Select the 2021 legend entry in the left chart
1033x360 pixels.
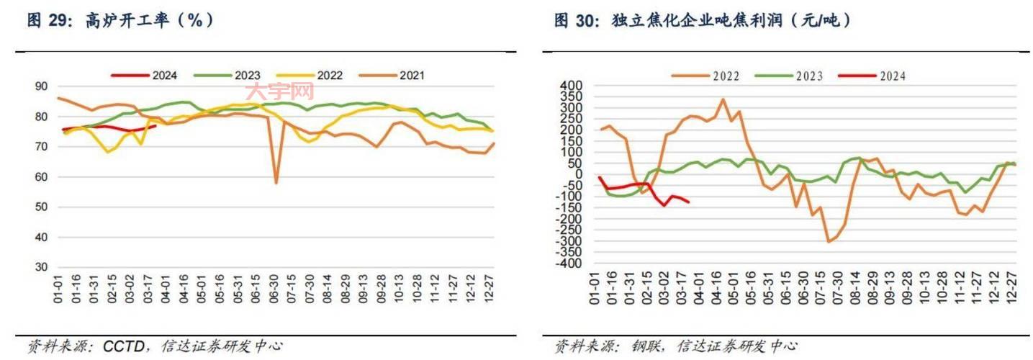[411, 75]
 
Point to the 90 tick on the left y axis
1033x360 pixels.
[41, 86]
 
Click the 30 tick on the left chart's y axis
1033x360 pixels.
[41, 267]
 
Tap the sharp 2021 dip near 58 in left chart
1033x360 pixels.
[276, 182]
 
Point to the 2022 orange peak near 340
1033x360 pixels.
[723, 99]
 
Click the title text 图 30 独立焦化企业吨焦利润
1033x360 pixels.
[703, 21]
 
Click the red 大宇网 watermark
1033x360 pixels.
[280, 92]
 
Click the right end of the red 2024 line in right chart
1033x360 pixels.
[689, 202]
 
